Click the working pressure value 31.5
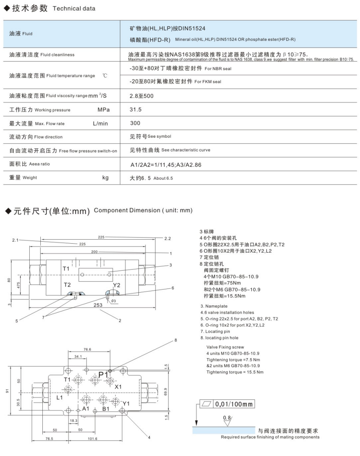pos(136,110)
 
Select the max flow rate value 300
pos(135,123)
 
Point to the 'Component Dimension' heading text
pos(143,210)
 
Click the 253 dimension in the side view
pos(98,305)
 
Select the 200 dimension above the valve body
pos(94,253)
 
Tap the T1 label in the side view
pos(66,269)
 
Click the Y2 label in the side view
pos(116,285)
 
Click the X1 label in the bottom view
pos(118,386)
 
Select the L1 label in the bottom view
pos(59,397)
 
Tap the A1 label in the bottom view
pos(86,408)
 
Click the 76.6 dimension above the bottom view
pos(87,349)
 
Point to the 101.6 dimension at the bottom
pos(92,438)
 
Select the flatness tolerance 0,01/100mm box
pos(227,404)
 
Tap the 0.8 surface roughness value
pos(227,418)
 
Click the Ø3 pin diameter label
pos(113,301)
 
